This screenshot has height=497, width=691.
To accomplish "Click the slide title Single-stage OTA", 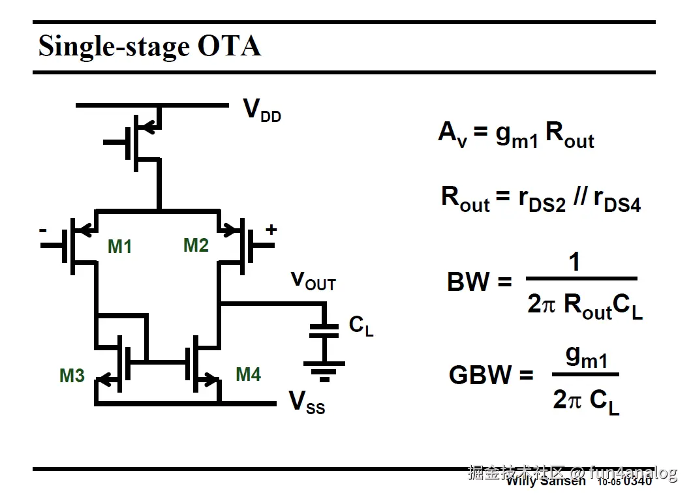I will tap(149, 46).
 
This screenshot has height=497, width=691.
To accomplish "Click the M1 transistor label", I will tap(119, 247).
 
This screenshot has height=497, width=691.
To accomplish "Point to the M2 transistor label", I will tap(196, 245).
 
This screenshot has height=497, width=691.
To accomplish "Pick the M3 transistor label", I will tap(72, 376).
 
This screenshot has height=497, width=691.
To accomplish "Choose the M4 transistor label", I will tap(248, 374).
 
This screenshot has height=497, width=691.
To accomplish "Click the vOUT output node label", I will tap(313, 281).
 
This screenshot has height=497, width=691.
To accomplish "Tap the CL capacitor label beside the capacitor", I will tap(361, 325).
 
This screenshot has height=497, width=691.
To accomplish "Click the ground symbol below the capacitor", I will tap(324, 371).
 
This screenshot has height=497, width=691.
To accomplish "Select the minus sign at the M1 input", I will tap(43, 230).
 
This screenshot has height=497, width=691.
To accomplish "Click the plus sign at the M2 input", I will tap(271, 230).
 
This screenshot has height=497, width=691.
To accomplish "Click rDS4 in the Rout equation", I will tap(617, 200).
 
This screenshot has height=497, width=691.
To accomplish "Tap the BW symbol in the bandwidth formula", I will tap(468, 282).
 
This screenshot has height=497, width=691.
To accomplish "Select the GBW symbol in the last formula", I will tap(481, 375).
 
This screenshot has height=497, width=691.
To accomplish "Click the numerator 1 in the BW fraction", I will tap(574, 262).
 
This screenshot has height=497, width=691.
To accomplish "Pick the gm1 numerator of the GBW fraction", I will tap(587, 357).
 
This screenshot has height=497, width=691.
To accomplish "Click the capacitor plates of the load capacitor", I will tap(324, 331).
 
